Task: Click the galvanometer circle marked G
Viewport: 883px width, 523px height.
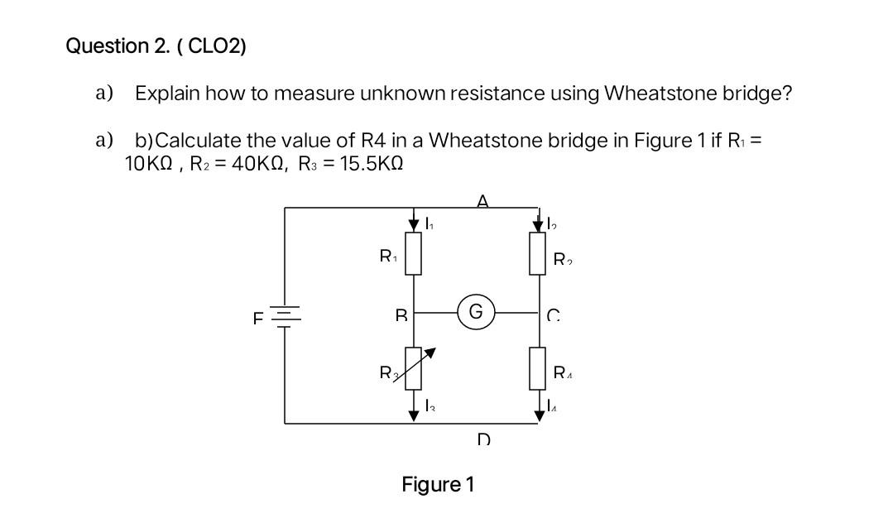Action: pos(476,313)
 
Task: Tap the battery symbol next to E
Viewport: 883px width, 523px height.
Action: pos(286,315)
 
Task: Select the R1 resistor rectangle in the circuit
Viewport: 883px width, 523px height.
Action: pos(415,254)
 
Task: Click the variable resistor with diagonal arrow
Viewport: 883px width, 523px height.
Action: pos(415,368)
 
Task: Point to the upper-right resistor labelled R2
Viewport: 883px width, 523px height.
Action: pos(539,254)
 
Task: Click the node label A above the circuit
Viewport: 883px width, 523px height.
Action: pos(482,200)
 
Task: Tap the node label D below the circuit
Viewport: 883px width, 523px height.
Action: pos(483,439)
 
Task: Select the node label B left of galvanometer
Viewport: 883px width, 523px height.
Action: pos(401,315)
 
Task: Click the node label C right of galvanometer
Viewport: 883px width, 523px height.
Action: pos(553,315)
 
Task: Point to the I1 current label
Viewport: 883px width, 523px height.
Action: pos(429,223)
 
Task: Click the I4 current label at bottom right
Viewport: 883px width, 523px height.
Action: pos(553,405)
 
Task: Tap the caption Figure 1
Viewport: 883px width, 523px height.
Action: pos(438,484)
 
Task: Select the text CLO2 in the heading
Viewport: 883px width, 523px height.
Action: pos(217,46)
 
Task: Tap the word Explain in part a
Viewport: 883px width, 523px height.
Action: pos(167,93)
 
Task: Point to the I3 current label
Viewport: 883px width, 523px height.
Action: pos(429,405)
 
